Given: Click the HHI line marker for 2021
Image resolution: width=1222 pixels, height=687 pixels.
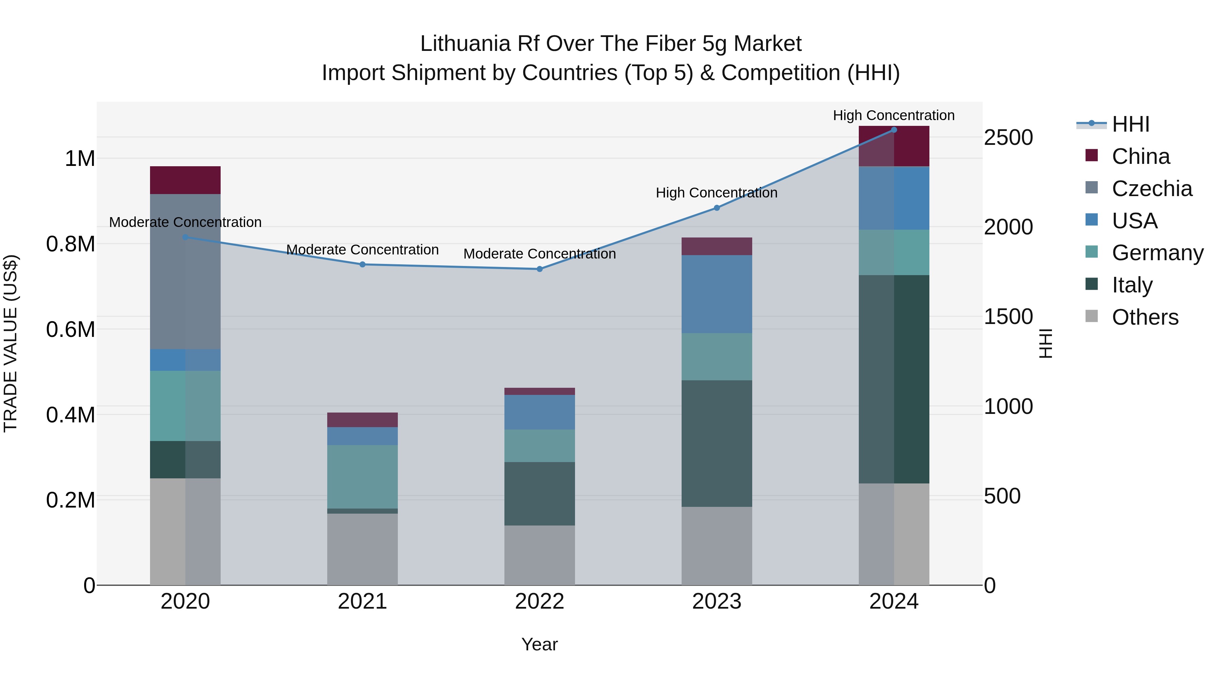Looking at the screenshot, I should [363, 264].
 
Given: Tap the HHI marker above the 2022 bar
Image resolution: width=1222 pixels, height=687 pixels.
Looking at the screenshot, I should [539, 269].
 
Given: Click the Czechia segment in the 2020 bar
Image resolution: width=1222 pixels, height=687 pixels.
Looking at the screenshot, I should [185, 271].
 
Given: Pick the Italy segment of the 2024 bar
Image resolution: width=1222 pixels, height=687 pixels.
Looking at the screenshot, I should [894, 379].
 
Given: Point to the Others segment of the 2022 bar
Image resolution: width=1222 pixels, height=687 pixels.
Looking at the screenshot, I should [539, 555].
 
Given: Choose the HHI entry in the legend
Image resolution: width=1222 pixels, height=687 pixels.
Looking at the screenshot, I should [1130, 124].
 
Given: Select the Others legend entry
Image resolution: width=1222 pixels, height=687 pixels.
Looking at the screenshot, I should [1144, 317].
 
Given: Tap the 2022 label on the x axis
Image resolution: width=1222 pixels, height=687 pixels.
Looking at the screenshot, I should [539, 601].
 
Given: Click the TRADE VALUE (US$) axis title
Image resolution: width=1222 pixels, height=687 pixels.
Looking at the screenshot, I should [11, 343].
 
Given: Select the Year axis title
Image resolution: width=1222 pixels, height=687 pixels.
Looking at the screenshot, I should [539, 644].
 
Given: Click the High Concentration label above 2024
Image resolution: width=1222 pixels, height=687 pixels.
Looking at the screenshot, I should [894, 115].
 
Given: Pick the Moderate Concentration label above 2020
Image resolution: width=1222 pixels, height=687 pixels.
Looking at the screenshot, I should [185, 222].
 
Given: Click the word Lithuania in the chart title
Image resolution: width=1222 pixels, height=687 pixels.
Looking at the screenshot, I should [465, 44].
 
